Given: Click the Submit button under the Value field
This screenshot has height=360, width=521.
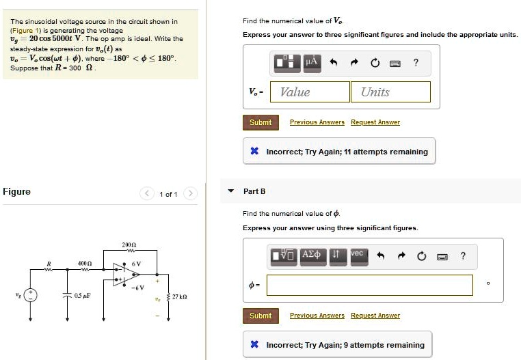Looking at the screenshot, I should point(260,122).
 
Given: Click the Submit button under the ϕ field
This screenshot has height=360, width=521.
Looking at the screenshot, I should point(260,316).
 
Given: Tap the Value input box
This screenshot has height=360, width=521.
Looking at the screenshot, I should point(310,92).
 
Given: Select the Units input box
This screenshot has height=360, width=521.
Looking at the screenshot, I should point(391,92).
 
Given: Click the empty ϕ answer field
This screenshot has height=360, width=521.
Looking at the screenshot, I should point(369,285).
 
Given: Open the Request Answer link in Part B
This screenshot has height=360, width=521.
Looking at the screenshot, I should point(375,316).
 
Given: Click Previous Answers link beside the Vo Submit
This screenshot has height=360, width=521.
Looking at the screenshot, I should point(317,122).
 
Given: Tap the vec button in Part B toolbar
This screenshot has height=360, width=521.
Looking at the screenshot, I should point(356,255).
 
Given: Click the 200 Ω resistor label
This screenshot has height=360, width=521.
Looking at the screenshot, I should point(129,244).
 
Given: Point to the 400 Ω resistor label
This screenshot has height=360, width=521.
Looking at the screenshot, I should point(84,263).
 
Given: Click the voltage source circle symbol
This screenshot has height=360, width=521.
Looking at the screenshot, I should point(30,295).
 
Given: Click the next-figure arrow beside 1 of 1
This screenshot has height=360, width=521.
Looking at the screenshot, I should point(191,194).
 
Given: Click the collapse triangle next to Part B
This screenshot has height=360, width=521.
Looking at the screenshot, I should point(230,191).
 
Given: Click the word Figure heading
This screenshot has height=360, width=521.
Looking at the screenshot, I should point(16,192).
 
